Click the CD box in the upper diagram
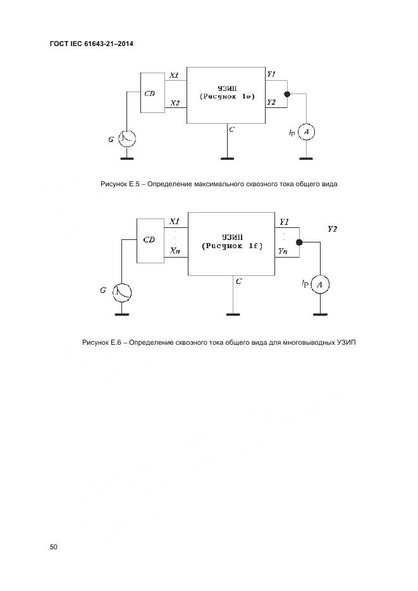pyautogui.click(x=151, y=93)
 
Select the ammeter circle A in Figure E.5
pyautogui.click(x=306, y=131)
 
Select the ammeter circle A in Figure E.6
pyautogui.click(x=321, y=285)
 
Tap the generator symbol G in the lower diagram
pyautogui.click(x=122, y=292)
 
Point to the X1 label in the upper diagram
pyautogui.click(x=175, y=76)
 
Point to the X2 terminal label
pyautogui.click(x=175, y=102)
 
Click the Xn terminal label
pyautogui.click(x=175, y=251)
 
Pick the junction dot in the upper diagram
pyautogui.click(x=287, y=95)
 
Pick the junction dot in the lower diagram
pyautogui.click(x=300, y=242)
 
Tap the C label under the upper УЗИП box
pyautogui.click(x=232, y=129)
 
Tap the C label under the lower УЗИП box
pyautogui.click(x=238, y=282)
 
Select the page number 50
pyautogui.click(x=53, y=547)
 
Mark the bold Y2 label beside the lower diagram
pyautogui.click(x=332, y=229)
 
